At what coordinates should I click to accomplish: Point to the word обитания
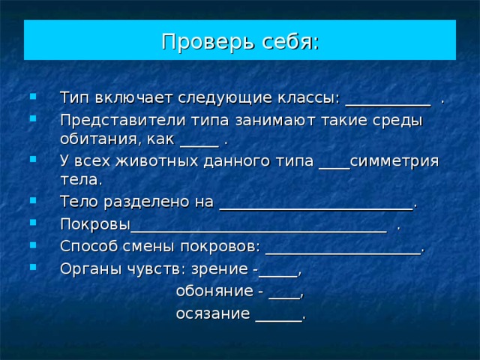coord(97,139)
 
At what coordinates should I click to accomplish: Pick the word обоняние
coord(214,291)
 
